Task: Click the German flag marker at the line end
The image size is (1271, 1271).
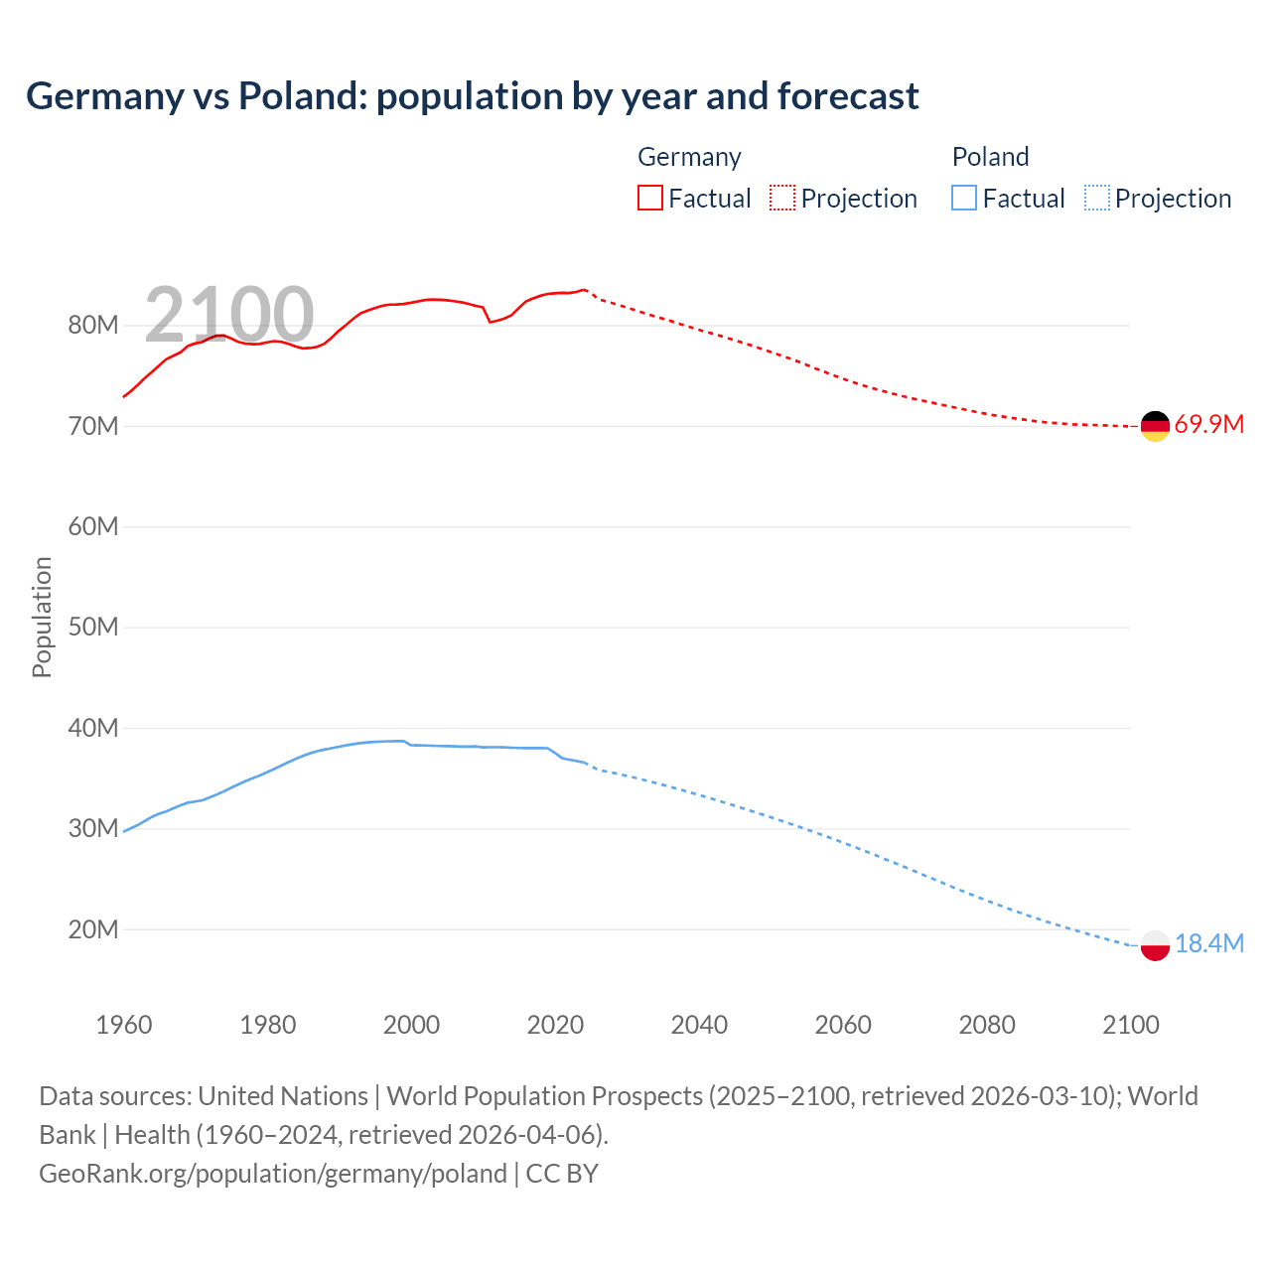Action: point(1155,426)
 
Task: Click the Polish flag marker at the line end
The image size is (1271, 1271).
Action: point(1155,945)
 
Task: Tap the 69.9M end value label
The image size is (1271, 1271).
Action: point(1208,425)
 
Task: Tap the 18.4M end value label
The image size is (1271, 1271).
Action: point(1208,943)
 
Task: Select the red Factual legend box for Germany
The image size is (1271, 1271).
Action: point(649,198)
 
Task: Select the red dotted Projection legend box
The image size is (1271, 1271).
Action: point(782,198)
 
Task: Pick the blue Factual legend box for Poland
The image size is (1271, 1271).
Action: point(964,198)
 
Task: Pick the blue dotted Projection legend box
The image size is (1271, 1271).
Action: point(1097,198)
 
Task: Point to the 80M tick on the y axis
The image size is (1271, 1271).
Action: point(93,326)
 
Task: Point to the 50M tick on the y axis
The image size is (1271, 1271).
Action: point(93,628)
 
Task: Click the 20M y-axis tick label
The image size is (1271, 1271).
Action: point(93,929)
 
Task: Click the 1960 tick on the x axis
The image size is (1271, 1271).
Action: point(124,1025)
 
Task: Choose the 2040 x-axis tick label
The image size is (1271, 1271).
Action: point(699,1025)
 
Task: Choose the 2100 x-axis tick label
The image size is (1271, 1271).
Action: point(1131,1025)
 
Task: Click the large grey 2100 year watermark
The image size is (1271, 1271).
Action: point(229,315)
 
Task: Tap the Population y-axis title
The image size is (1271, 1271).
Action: point(42,617)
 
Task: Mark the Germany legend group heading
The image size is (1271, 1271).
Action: point(689,157)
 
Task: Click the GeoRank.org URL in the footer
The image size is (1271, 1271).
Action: point(273,1174)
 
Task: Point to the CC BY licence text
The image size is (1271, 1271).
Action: point(562,1174)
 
